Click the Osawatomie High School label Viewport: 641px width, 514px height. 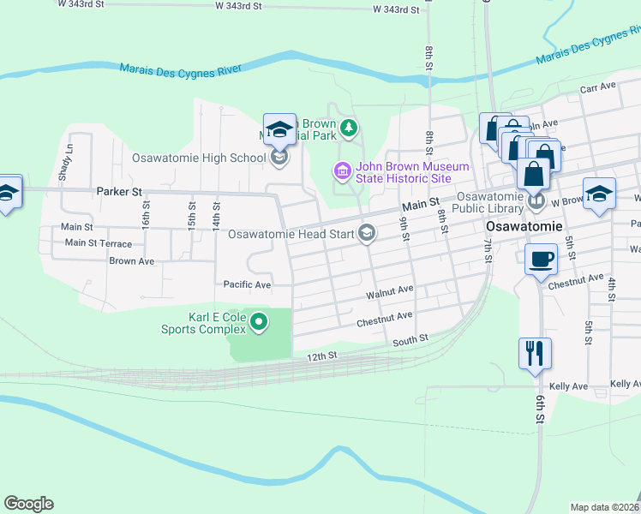pyautogui.click(x=199, y=158)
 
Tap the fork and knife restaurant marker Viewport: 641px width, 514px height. pyautogui.click(x=535, y=351)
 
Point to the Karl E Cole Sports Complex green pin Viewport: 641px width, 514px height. pyautogui.click(x=258, y=322)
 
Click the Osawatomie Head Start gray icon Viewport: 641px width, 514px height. pyautogui.click(x=366, y=233)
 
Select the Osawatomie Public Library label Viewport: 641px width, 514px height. pyautogui.click(x=482, y=202)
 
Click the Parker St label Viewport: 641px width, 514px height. pyautogui.click(x=118, y=192)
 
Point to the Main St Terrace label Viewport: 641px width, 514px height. pyautogui.click(x=99, y=243)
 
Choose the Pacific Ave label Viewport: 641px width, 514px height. pyautogui.click(x=247, y=284)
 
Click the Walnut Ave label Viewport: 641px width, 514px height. pyautogui.click(x=390, y=292)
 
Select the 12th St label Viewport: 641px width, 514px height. pyautogui.click(x=323, y=355)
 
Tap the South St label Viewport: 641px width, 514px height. pyautogui.click(x=410, y=340)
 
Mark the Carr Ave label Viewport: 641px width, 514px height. pyautogui.click(x=598, y=87)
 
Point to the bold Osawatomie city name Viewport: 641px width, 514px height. pyautogui.click(x=524, y=227)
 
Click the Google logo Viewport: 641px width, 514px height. pyautogui.click(x=28, y=504)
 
